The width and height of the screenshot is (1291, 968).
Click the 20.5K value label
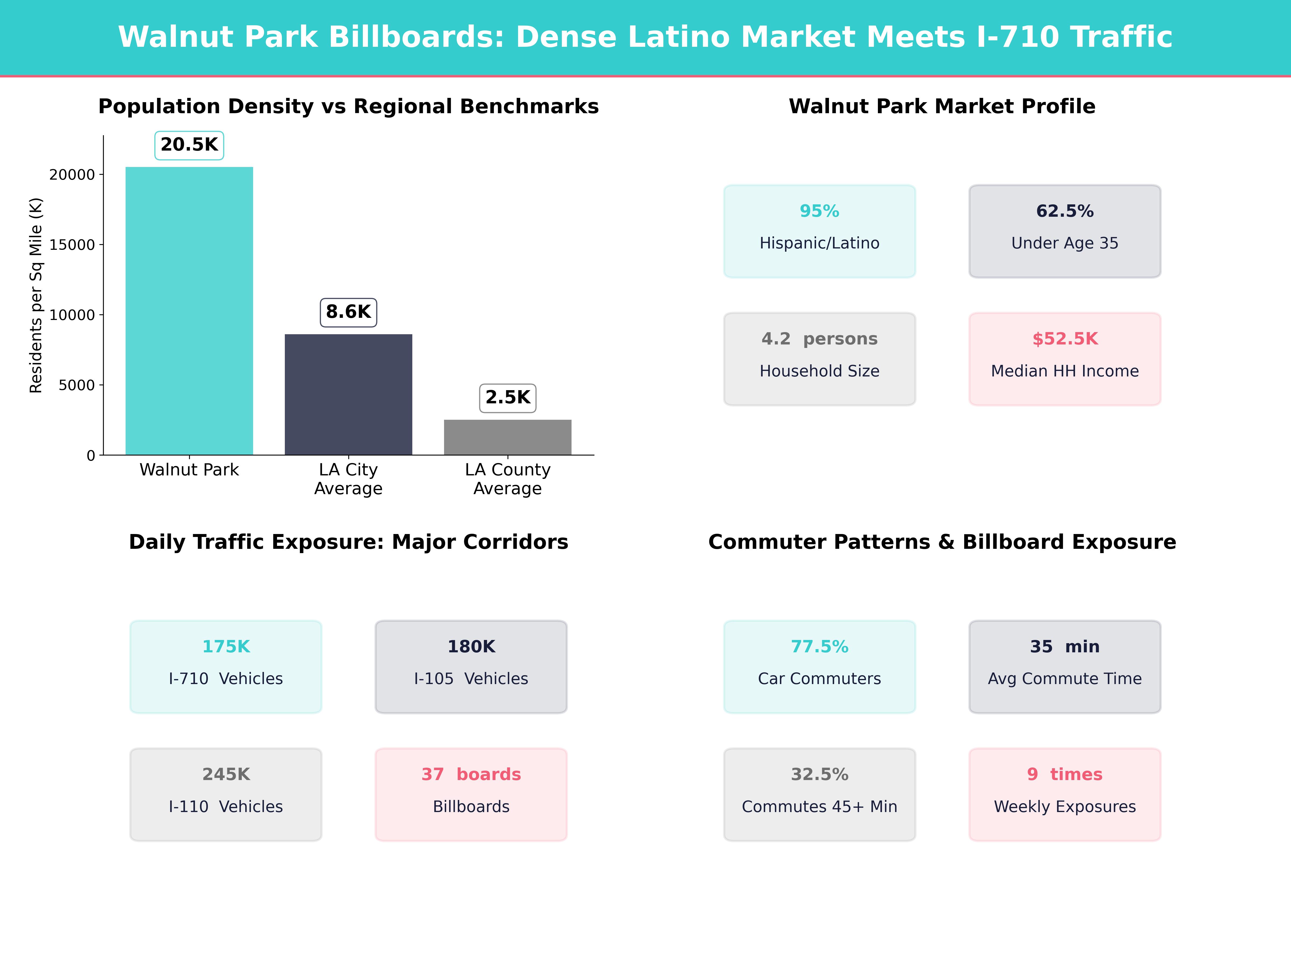189,145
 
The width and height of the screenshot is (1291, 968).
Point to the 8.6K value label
348,312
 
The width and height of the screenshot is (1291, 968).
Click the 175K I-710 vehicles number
226,646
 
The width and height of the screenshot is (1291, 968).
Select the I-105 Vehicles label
471,679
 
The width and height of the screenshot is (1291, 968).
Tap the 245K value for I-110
226,774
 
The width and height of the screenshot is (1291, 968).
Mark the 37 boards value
471,774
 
